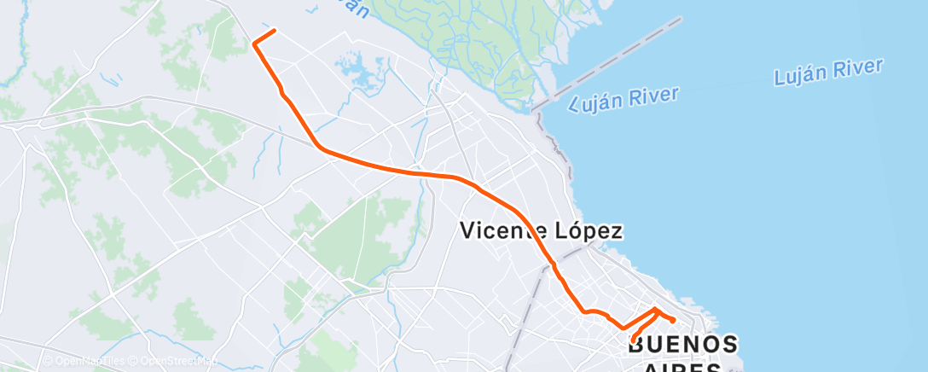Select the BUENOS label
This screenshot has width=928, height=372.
682,345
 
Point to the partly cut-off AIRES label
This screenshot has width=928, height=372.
682,368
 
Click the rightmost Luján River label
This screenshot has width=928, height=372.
828,73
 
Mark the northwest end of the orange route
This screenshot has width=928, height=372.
275,31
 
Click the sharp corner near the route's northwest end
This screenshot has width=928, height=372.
254,43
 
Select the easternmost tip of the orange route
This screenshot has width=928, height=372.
674,320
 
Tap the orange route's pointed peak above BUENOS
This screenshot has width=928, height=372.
655,308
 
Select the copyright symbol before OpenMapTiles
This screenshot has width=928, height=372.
49,362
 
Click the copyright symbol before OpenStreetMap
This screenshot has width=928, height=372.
128,362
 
